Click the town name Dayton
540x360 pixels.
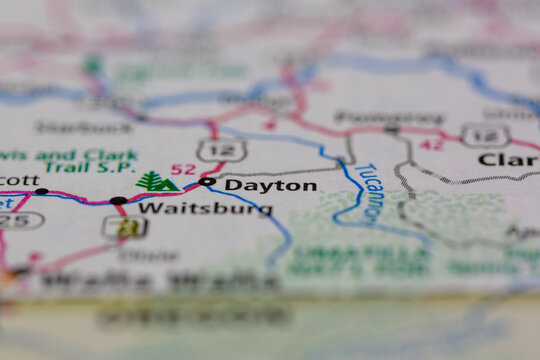coord(270,185)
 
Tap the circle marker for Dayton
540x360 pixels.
coord(207,182)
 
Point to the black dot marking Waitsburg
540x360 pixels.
coord(118,201)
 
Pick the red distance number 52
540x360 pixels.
coord(183,169)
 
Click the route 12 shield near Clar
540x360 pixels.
coord(484,135)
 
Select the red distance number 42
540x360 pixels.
coord(431,144)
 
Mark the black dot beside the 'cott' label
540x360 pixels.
coord(41,191)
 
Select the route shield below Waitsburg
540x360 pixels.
coord(125,227)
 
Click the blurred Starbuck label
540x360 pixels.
coord(69,127)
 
